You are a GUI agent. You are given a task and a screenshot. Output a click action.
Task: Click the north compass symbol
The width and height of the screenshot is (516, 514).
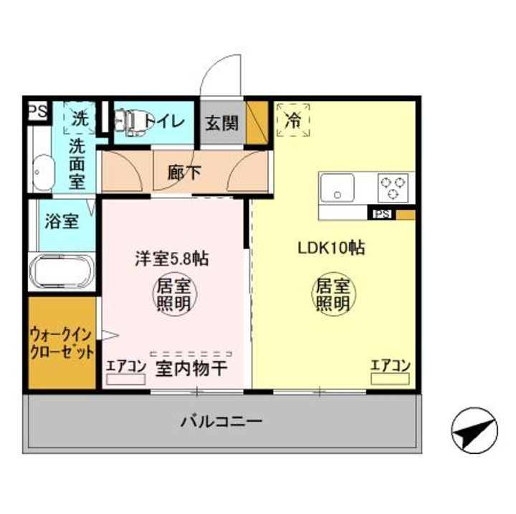[x=474, y=430]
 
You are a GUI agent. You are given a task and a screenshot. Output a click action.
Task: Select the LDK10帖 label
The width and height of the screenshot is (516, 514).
[x=332, y=248]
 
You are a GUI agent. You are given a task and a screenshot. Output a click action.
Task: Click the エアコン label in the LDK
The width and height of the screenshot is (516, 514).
[x=390, y=366]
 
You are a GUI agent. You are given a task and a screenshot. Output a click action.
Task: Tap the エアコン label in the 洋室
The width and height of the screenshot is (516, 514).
[x=125, y=367]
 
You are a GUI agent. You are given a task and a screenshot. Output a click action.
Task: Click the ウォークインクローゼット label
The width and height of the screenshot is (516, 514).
[x=62, y=344]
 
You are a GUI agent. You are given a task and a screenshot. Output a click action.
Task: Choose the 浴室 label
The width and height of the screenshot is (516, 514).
[x=62, y=220]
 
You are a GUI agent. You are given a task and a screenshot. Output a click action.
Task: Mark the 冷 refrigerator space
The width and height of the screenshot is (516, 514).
[x=293, y=120]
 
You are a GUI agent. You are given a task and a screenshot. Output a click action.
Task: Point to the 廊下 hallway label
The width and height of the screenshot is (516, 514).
[x=184, y=172]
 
